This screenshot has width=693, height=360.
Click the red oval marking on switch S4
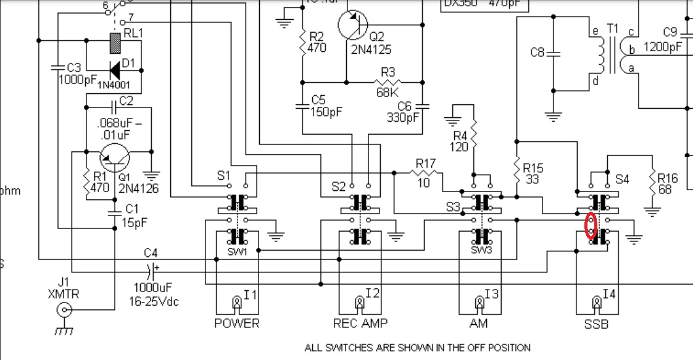591,225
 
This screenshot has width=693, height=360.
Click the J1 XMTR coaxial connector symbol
64,311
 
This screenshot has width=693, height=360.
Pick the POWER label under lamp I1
237,324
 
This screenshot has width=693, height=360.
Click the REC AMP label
357,324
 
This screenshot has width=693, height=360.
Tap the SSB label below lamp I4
597,324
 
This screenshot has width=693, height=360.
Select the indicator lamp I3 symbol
478,303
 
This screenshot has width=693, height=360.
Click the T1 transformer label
613,29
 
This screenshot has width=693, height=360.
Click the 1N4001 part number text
114,78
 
